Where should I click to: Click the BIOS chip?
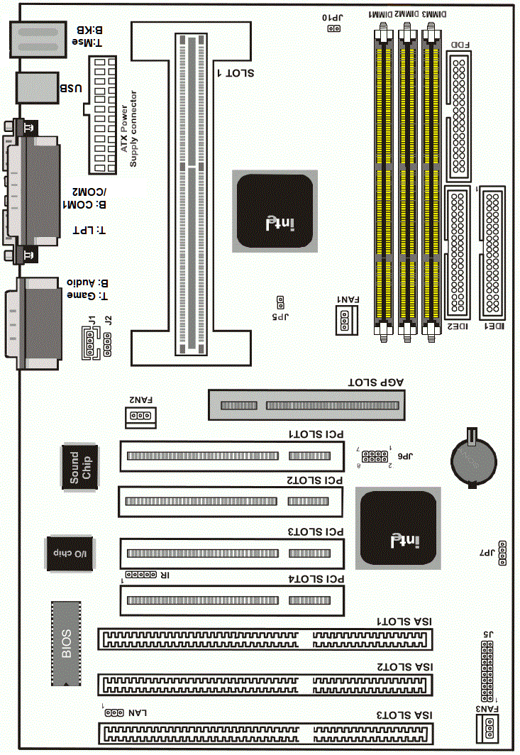[66, 644]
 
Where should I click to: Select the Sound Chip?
[80, 467]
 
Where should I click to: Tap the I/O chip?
[70, 553]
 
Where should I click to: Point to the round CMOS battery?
[473, 458]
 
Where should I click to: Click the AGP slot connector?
[306, 405]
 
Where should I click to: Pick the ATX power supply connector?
[102, 115]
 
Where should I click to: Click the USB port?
[37, 88]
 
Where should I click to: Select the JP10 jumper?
[333, 28]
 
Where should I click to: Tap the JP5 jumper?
[280, 302]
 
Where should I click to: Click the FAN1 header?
[347, 320]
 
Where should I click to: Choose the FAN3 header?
[487, 728]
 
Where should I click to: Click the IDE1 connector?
[492, 253]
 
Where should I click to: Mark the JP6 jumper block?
[375, 456]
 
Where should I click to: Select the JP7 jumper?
[502, 553]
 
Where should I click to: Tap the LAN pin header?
[115, 712]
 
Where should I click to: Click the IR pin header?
[140, 575]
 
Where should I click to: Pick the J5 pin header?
[487, 671]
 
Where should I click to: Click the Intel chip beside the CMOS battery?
[398, 528]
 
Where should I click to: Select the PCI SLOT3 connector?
[232, 553]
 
